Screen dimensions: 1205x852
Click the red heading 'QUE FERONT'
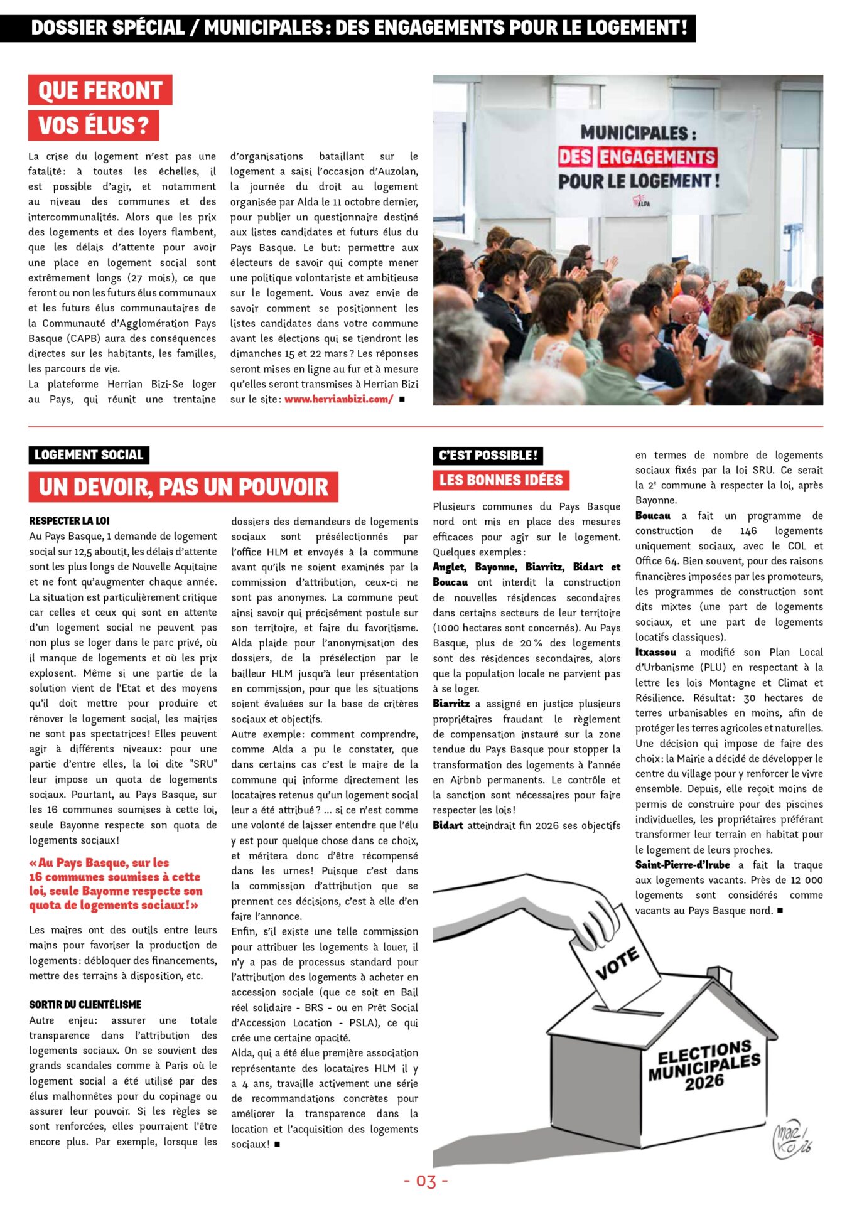[100, 90]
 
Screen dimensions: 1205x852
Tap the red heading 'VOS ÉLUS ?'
[94, 126]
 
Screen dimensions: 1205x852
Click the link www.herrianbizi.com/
[338, 399]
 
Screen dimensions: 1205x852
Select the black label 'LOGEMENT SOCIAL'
[89, 455]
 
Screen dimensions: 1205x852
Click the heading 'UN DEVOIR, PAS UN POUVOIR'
[183, 487]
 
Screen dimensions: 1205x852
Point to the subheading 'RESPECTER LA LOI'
[69, 521]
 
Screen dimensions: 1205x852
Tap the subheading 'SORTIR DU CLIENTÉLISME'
[85, 1005]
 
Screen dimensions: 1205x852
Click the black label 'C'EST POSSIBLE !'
[488, 456]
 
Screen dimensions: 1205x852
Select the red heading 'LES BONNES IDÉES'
[500, 481]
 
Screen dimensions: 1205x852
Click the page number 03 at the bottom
[426, 1182]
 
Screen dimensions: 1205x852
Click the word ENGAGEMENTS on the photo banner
[657, 157]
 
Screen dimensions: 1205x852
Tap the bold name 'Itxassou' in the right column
[655, 653]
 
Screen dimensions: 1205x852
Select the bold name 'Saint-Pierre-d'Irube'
[682, 865]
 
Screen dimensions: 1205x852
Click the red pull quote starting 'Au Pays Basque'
[116, 884]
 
